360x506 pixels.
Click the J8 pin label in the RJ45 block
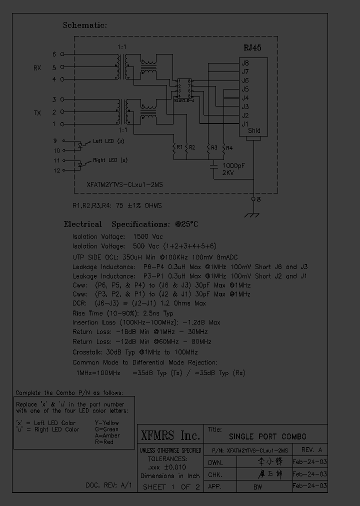point(245,63)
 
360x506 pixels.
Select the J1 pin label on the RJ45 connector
point(245,123)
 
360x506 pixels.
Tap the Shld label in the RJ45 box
point(254,131)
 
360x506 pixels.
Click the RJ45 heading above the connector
point(252,48)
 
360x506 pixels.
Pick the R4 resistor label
point(229,148)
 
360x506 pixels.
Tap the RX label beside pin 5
point(37,68)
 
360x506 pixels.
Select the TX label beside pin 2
point(37,113)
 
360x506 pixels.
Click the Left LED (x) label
point(108,141)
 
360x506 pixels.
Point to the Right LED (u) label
point(110,161)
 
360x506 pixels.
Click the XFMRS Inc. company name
point(170,434)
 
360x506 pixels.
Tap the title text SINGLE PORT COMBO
point(267,436)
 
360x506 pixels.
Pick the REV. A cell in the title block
point(311,449)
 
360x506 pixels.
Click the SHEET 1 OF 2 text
point(171,486)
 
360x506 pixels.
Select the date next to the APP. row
point(309,485)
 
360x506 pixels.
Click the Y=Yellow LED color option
point(107,422)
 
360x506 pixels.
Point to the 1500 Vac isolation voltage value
point(148,236)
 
